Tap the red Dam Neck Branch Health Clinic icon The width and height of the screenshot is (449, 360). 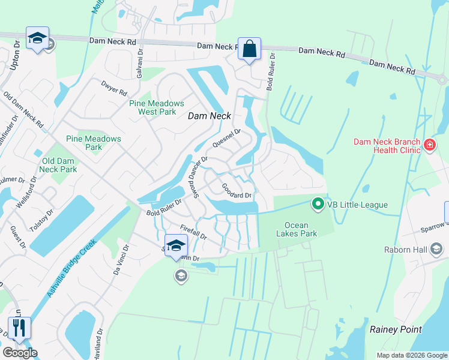tap(429, 145)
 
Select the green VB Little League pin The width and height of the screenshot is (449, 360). tap(318, 205)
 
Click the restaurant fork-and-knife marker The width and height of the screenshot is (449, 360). tap(19, 328)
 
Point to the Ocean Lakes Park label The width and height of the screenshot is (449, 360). tap(300, 229)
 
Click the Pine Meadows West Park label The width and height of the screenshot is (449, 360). tap(152, 107)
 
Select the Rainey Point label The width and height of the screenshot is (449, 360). tap(396, 329)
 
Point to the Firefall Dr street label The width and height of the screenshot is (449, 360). tap(193, 232)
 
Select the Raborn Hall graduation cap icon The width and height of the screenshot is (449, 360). tap(436, 249)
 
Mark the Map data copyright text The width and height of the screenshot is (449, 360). tap(411, 355)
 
